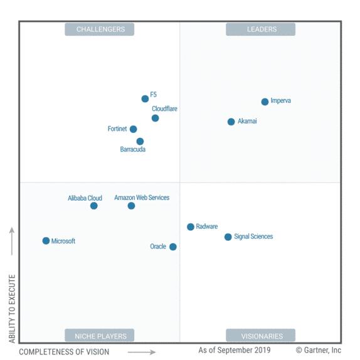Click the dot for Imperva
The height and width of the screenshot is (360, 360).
click(265, 102)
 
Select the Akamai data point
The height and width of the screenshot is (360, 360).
click(231, 122)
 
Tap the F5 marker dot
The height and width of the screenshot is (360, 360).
click(145, 98)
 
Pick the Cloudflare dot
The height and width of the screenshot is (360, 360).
click(155, 118)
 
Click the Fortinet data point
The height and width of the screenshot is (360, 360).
click(133, 129)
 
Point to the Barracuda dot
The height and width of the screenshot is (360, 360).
click(140, 141)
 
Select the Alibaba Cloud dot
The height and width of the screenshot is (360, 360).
click(93, 206)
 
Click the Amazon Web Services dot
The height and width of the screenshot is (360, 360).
click(131, 206)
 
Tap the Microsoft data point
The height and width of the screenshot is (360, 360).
click(46, 241)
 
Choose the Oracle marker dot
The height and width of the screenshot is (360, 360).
click(173, 246)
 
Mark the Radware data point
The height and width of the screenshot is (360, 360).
click(191, 227)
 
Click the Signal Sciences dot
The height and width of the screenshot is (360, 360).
click(228, 237)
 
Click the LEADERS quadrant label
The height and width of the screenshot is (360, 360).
click(260, 29)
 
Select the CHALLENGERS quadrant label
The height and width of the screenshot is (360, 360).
click(100, 29)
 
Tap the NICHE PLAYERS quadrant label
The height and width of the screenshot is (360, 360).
click(100, 336)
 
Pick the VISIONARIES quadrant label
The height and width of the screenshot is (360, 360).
click(260, 336)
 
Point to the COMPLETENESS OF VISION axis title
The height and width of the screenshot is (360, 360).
click(64, 352)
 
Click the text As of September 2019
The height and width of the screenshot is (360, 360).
click(235, 350)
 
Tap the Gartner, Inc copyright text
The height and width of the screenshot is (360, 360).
click(319, 350)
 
